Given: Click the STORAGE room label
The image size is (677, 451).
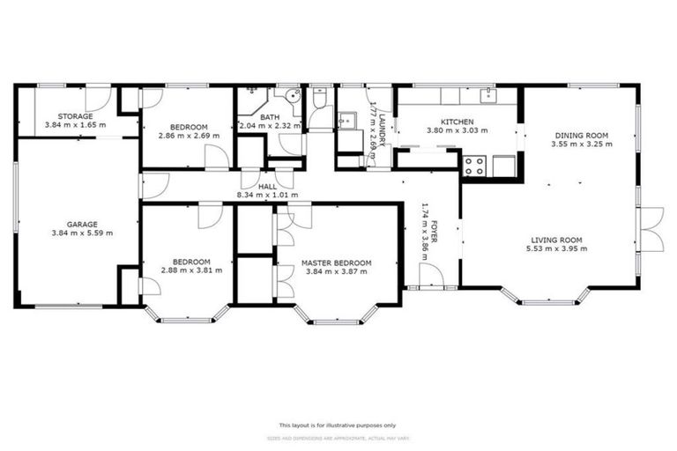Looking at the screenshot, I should click(x=76, y=116).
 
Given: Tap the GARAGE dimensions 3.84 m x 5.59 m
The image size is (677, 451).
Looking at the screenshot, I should click(x=76, y=235).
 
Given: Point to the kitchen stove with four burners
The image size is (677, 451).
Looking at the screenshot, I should click(x=474, y=165).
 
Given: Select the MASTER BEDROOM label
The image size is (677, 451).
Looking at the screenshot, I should click(x=336, y=262).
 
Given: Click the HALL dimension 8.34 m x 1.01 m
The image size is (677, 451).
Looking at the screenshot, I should click(x=267, y=195).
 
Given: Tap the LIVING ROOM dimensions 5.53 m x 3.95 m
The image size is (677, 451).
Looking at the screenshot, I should click(x=558, y=248).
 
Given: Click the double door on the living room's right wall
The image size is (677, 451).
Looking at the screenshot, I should click(x=650, y=229).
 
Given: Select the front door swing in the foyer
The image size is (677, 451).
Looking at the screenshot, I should click(x=431, y=276).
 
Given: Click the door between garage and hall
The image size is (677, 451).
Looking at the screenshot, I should click(x=154, y=185).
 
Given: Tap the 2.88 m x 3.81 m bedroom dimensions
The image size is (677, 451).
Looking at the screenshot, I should click(x=190, y=271).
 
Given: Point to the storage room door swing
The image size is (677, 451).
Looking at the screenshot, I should click(x=98, y=98).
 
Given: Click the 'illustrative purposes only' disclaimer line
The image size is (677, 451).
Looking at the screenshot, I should click(x=338, y=424).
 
